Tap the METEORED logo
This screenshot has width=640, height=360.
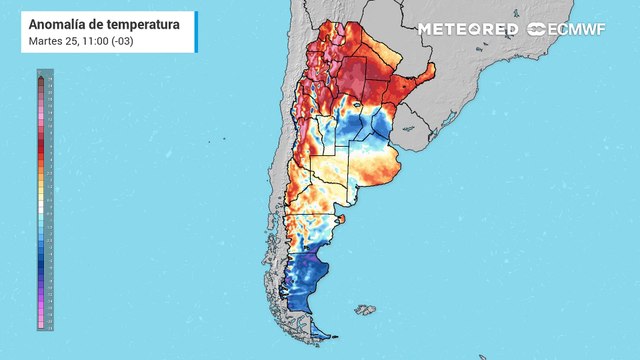(468, 29)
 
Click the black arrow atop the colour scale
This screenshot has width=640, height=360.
(40, 77)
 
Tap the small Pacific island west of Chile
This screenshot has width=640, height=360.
(208, 141)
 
